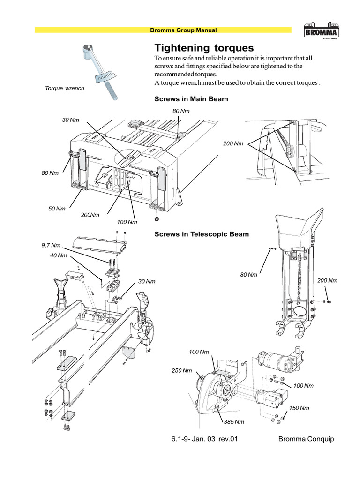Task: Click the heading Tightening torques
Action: [x=204, y=48]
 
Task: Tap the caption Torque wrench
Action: [x=65, y=88]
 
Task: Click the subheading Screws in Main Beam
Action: [x=191, y=99]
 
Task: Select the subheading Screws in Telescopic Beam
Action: [x=202, y=234]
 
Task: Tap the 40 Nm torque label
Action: [x=59, y=255]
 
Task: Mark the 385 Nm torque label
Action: [x=234, y=422]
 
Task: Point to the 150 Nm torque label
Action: [x=299, y=408]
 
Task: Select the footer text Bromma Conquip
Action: [x=305, y=439]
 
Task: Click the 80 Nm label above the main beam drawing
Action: [x=181, y=111]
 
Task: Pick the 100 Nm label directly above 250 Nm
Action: [x=199, y=352]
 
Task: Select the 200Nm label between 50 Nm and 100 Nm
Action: [x=90, y=215]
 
